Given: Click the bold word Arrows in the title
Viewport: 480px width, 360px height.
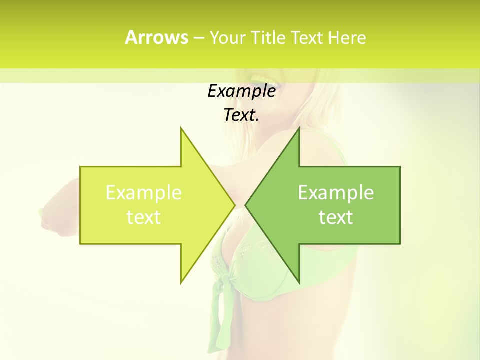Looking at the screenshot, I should [x=156, y=37].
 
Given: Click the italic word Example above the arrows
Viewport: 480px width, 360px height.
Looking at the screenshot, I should [x=241, y=91].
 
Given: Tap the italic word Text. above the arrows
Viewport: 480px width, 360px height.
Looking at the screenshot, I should [x=241, y=115].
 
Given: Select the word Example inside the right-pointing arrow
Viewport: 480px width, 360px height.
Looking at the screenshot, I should [x=144, y=193].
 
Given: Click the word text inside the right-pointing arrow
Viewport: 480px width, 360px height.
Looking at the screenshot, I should [x=144, y=217].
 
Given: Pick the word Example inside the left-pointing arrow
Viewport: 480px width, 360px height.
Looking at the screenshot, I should [x=336, y=193].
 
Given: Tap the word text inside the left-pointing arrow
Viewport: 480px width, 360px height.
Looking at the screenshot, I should [x=336, y=217].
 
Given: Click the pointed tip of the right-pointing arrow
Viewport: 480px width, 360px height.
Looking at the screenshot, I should [x=235, y=205].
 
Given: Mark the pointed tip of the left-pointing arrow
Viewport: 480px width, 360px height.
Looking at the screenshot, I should [x=245, y=205].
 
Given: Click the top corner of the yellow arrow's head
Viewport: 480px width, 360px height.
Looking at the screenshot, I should [x=181, y=128].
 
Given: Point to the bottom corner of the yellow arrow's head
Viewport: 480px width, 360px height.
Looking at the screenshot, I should [x=181, y=283].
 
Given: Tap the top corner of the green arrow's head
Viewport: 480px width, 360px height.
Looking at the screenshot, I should [x=299, y=128].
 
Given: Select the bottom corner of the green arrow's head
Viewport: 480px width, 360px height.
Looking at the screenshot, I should [x=299, y=283].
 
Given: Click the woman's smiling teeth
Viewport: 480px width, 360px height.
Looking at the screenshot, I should [x=259, y=78].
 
